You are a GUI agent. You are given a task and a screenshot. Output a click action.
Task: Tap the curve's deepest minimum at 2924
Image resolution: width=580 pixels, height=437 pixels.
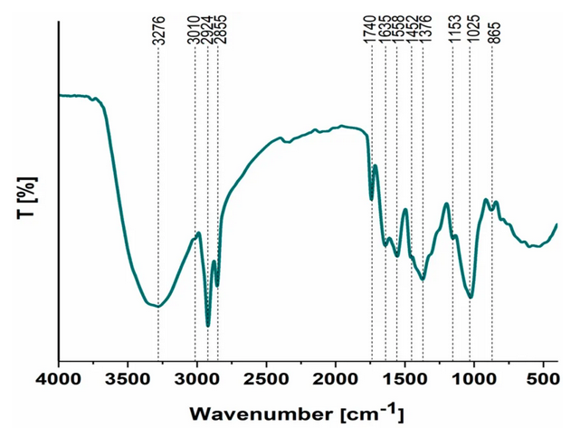pyautogui.click(x=208, y=325)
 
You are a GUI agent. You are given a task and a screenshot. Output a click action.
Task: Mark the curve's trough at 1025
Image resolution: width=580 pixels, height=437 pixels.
pyautogui.click(x=471, y=297)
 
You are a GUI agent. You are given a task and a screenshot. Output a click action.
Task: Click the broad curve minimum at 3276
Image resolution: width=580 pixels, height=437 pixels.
pyautogui.click(x=158, y=306)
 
